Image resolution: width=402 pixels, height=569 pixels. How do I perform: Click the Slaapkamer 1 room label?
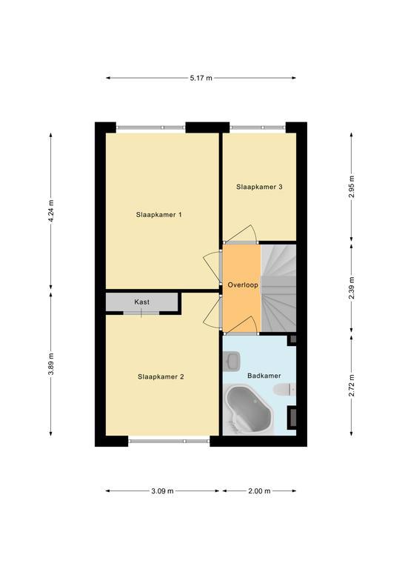[158, 214]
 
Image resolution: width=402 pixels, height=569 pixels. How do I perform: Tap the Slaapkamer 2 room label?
[161, 376]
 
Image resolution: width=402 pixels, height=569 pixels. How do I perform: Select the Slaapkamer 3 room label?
[259, 187]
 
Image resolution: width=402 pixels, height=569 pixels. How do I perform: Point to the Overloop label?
[243, 284]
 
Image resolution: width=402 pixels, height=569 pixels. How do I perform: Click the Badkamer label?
[264, 376]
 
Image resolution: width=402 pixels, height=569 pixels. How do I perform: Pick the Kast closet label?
[141, 302]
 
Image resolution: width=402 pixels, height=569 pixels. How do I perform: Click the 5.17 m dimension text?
[201, 78]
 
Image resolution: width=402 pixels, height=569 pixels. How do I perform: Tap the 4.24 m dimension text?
[51, 211]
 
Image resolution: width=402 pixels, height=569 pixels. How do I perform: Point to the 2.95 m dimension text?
[351, 187]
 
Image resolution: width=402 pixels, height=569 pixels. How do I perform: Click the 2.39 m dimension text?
[351, 288]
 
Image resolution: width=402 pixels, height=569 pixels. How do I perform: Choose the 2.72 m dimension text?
[351, 385]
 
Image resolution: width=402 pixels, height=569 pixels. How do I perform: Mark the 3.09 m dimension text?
[162, 491]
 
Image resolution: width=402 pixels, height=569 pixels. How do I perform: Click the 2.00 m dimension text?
[259, 491]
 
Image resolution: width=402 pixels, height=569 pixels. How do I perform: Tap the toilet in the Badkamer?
[284, 390]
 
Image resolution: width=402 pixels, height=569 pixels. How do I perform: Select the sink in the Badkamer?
[231, 361]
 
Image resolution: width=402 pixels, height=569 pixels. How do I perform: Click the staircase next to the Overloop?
[278, 288]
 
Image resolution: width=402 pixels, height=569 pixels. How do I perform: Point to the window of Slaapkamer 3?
[258, 127]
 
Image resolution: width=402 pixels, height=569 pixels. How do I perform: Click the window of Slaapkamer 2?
[169, 442]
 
